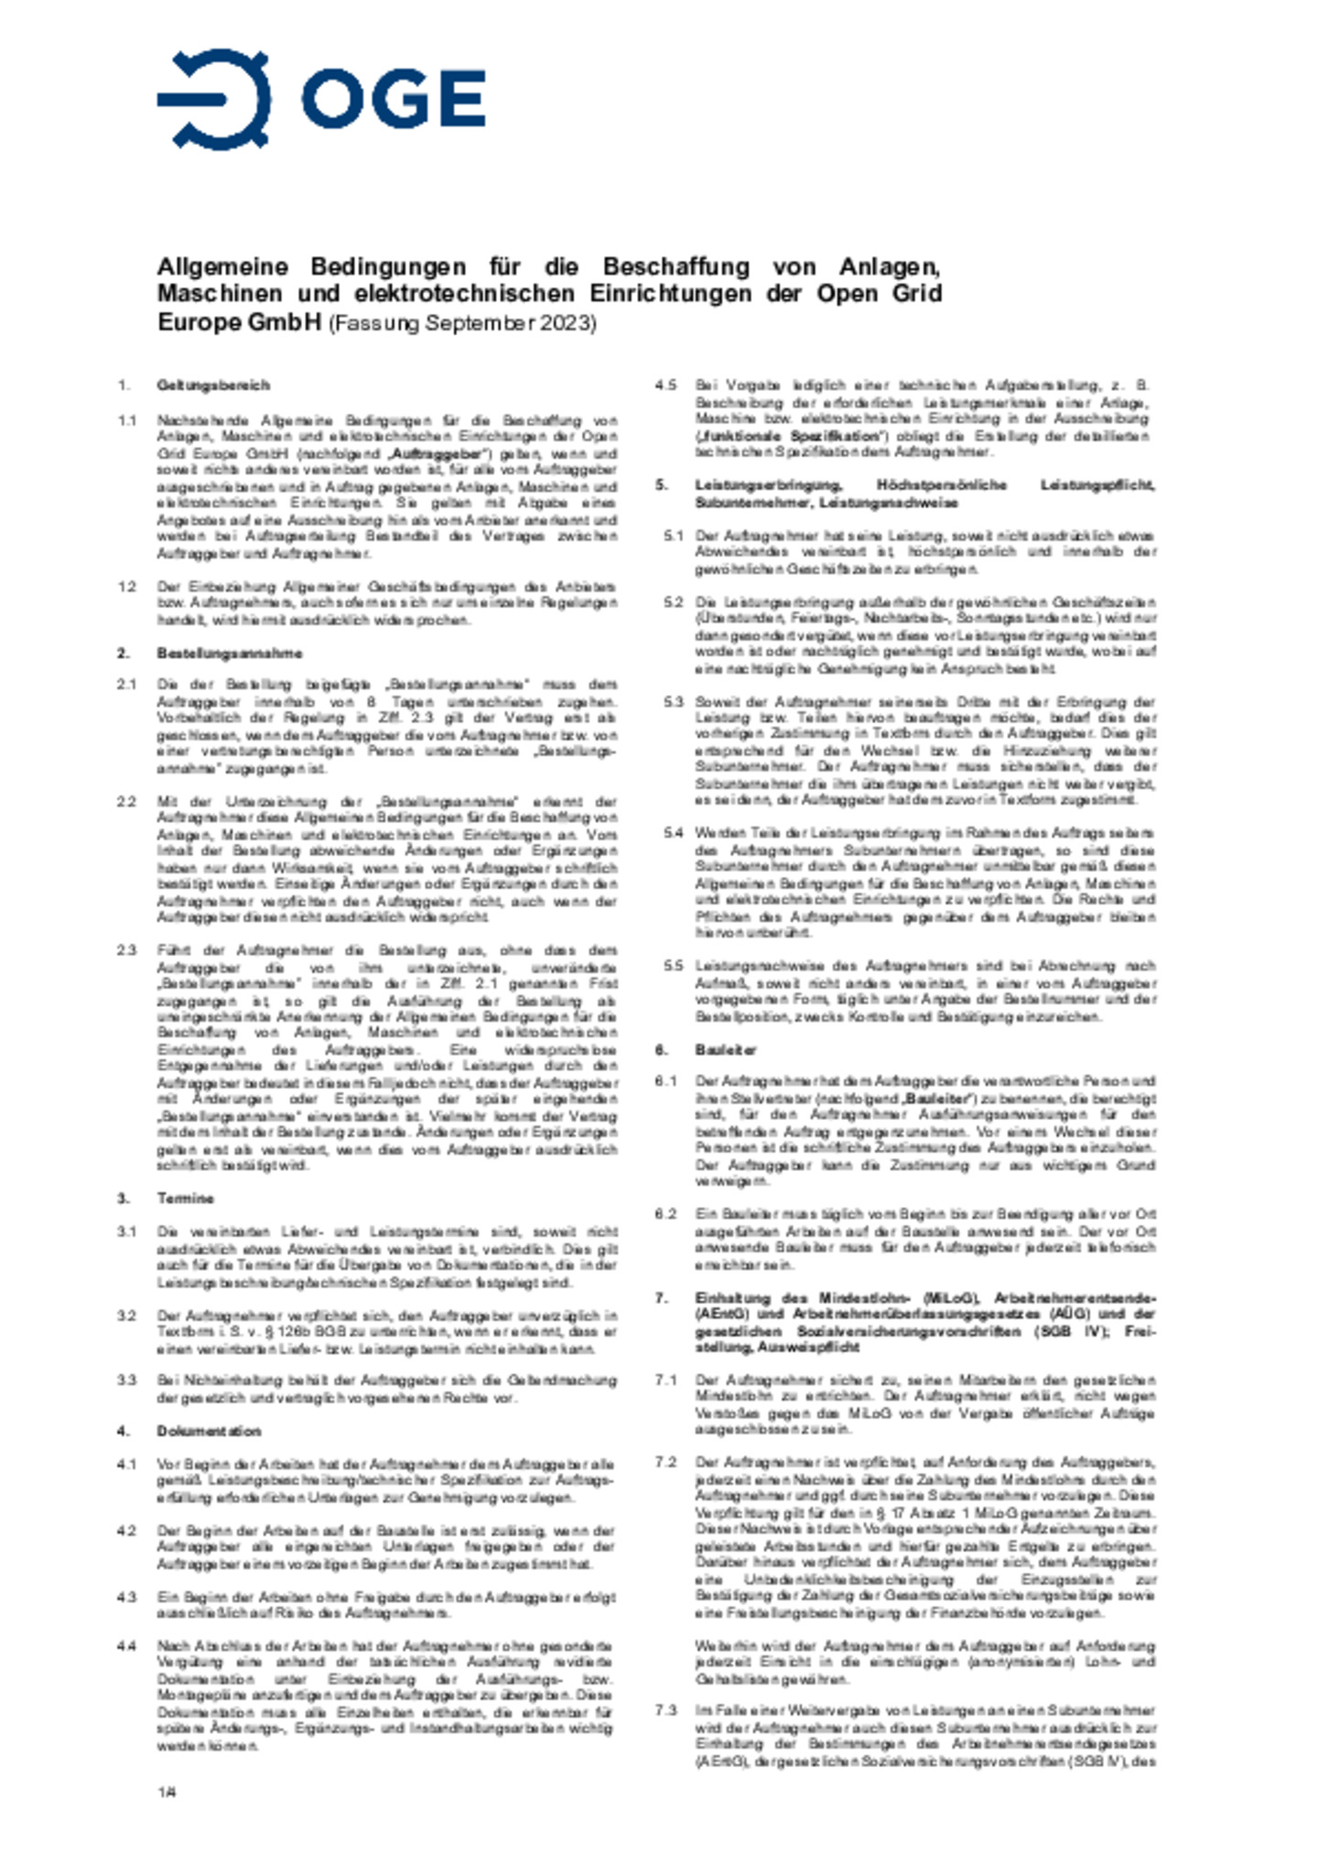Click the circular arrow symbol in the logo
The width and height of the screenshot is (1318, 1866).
[215, 99]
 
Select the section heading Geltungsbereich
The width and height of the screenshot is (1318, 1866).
[213, 385]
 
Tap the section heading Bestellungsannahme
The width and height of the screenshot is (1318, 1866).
[229, 653]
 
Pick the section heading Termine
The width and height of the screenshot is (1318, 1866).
[185, 1199]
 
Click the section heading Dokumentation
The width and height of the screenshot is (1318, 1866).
[209, 1431]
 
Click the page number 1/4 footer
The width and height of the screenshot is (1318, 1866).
[166, 1793]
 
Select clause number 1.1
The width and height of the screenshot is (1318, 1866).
[126, 420]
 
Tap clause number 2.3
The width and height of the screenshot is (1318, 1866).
[126, 950]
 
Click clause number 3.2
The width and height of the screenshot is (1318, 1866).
[126, 1316]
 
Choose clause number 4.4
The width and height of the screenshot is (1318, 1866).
[126, 1646]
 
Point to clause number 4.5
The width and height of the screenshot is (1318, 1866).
[665, 385]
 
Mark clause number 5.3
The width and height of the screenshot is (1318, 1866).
[674, 701]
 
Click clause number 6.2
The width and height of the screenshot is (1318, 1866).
[665, 1215]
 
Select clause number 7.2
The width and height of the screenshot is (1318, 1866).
[665, 1462]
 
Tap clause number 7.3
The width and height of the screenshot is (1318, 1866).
[665, 1710]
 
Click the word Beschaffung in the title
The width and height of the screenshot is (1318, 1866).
[675, 266]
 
